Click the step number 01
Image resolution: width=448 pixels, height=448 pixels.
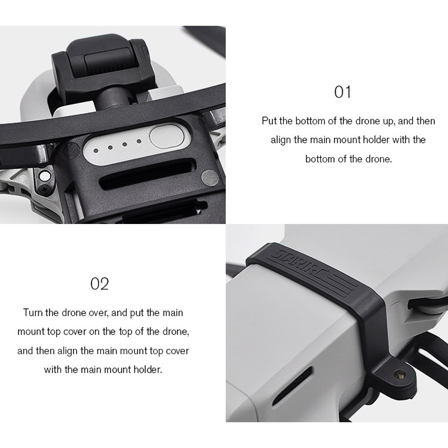pos(342,92)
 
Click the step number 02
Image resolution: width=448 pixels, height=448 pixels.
pos(99,284)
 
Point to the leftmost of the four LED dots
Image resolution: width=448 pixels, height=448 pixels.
pos(96,151)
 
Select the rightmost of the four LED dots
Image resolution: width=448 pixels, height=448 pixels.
pos(139,142)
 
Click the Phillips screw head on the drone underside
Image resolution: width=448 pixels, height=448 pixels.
pos(44,189)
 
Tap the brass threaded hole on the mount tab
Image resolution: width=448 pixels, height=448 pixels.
pos(400,374)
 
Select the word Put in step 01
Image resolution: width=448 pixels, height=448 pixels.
pos(269,121)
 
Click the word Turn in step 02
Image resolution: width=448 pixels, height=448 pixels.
pos(33,312)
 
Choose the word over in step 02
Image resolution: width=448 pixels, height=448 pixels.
pos(98,313)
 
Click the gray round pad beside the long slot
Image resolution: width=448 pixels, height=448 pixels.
pos(210,177)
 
